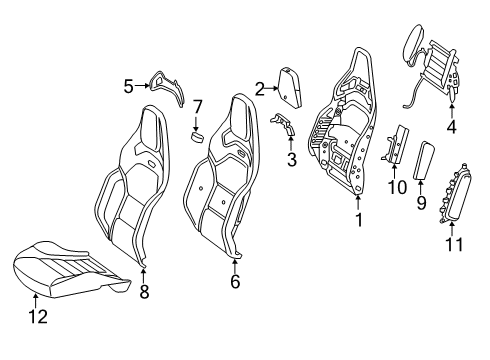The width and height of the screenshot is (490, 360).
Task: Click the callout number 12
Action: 38,316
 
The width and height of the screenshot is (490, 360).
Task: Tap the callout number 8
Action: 144,292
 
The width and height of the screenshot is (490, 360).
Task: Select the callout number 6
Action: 235,282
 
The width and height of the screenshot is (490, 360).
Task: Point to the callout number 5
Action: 128,86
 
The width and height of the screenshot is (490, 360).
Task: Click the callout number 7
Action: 198,107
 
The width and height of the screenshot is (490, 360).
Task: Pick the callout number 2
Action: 260,89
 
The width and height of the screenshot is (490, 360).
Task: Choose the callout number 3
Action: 292,159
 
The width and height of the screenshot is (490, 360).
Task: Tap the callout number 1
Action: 359,220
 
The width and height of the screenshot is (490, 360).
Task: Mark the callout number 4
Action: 451,127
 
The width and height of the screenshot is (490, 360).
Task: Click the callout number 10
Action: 397,187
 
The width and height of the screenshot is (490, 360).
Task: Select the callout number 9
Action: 422,202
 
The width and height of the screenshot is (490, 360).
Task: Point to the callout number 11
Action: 454,244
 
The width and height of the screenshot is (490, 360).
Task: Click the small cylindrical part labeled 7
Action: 197,137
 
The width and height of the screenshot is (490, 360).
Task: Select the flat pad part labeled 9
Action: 424,160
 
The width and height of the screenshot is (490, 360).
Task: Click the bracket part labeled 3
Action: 284,124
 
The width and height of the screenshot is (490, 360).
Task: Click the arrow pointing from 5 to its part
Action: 142,86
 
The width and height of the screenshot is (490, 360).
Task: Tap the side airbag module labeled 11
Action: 455,193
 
